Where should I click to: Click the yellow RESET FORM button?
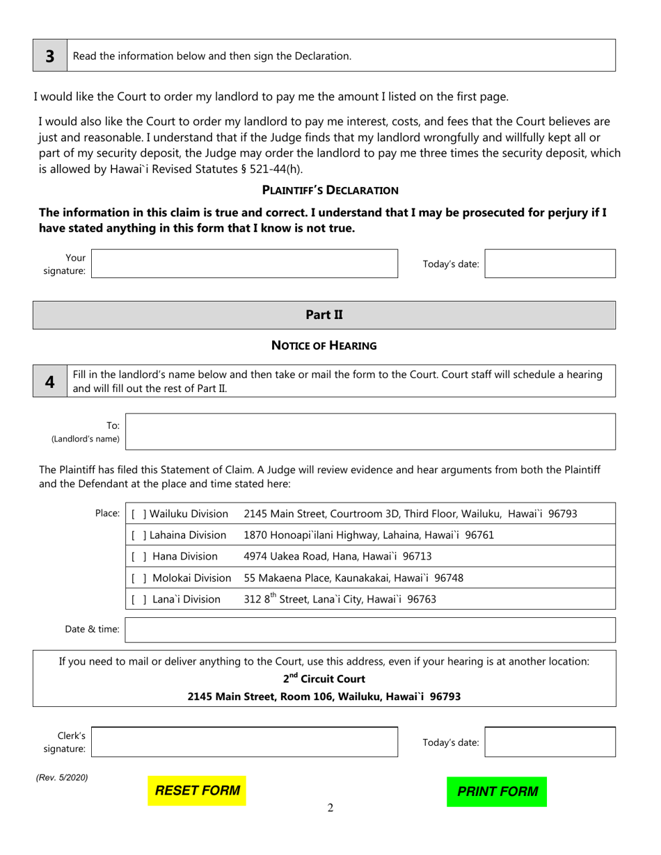click(197, 791)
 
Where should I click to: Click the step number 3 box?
click(50, 56)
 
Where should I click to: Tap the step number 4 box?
click(50, 381)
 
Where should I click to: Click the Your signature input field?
click(244, 264)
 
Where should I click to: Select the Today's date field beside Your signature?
click(550, 264)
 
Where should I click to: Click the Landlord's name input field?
click(370, 432)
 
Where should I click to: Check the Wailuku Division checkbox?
click(138, 514)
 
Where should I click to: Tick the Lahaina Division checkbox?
click(138, 535)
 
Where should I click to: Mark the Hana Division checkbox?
click(138, 556)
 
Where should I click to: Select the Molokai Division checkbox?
click(138, 578)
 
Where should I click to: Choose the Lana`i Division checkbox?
click(138, 599)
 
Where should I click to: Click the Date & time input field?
click(370, 630)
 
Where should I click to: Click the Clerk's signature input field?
click(244, 742)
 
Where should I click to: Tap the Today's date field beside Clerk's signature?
click(550, 742)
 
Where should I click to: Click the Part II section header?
click(324, 315)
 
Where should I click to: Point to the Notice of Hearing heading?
click(324, 345)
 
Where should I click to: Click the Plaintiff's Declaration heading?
click(330, 190)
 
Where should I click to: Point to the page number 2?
click(330, 808)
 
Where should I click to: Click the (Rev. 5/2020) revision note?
click(62, 778)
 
